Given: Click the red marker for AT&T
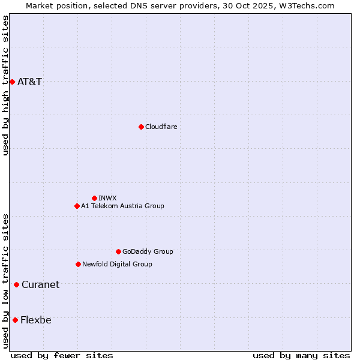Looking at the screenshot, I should (x=12, y=82).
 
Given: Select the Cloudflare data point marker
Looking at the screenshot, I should (x=141, y=127).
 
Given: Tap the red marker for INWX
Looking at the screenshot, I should (x=94, y=198).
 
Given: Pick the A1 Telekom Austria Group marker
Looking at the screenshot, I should (x=77, y=206).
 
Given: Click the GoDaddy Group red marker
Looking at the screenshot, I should (x=118, y=251).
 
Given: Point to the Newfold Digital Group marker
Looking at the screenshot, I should (x=78, y=264).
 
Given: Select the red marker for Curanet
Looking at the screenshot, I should (x=16, y=284).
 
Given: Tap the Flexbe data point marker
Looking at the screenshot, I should (x=15, y=320).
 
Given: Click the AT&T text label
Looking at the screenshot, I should (x=30, y=82).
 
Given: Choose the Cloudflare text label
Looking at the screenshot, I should (x=161, y=127).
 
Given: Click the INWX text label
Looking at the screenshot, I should (x=107, y=198).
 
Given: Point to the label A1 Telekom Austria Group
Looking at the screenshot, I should (x=122, y=206).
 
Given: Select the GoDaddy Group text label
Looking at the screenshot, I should (x=148, y=251).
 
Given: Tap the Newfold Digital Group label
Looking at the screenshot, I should (x=117, y=264).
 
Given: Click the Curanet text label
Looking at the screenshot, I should (x=40, y=284).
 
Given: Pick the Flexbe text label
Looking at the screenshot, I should (x=36, y=320).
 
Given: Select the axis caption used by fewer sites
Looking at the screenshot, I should (x=62, y=355).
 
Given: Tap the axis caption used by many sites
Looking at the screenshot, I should (x=301, y=355).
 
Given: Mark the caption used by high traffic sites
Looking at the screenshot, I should (x=5, y=86).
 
